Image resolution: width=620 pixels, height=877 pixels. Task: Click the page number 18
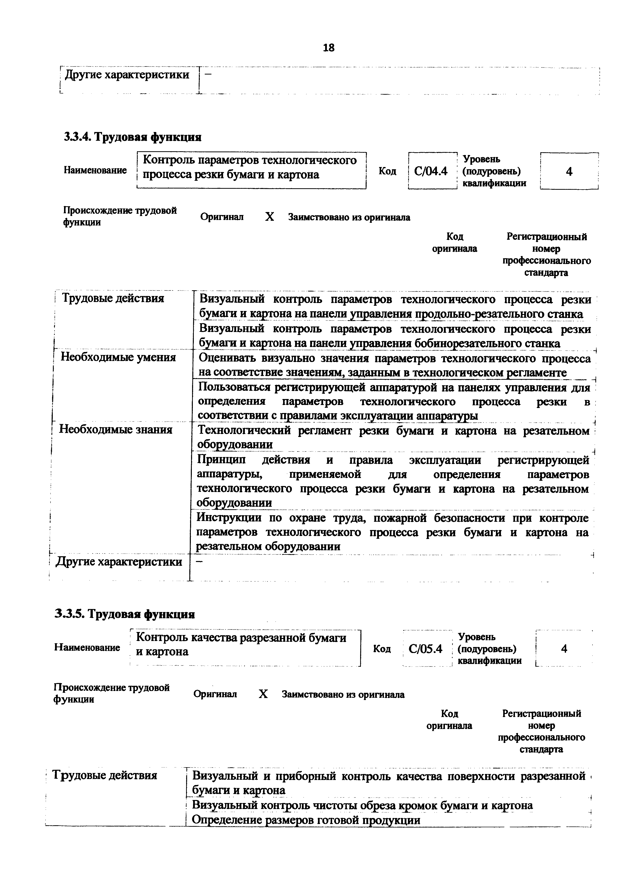click(x=329, y=48)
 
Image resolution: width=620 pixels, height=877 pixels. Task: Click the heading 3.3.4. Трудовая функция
click(x=133, y=137)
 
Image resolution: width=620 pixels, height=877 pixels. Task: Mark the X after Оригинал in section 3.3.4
click(x=270, y=217)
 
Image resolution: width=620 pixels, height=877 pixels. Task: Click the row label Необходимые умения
click(x=118, y=357)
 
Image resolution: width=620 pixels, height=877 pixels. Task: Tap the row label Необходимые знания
click(x=116, y=430)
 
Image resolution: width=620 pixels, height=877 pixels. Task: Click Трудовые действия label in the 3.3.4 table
click(x=113, y=298)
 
